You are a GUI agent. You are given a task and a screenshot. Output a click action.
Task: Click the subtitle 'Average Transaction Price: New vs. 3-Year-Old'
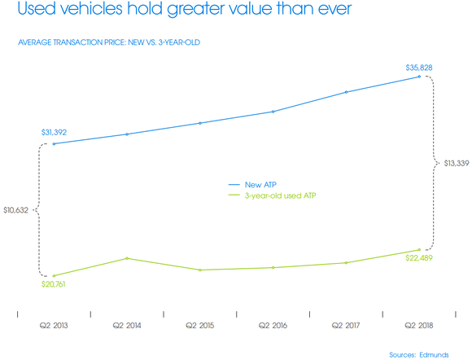coord(108,42)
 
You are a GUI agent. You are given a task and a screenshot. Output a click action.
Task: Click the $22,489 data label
coord(421,259)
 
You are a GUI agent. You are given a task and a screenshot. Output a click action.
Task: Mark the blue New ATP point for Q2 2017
coord(347,92)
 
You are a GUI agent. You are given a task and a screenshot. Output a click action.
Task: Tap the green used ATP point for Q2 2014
coord(127,258)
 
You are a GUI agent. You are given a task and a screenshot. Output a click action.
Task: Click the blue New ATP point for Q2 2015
coord(200,123)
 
